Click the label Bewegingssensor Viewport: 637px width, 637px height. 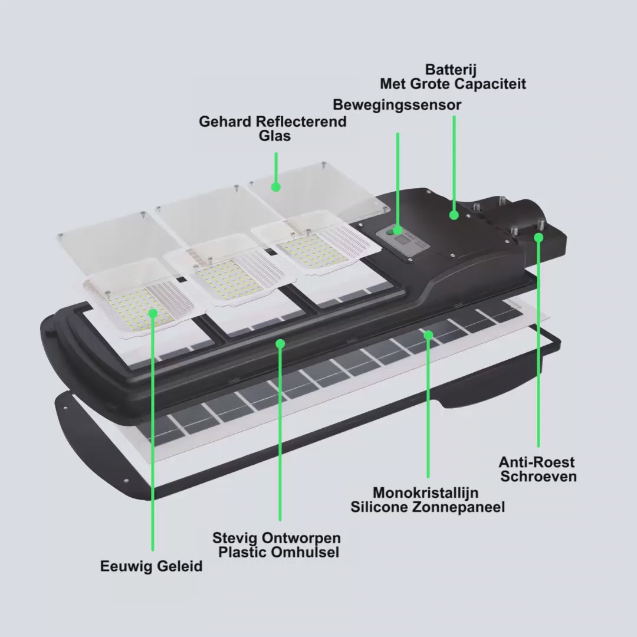tap(397, 105)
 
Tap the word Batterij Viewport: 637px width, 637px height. tap(451, 70)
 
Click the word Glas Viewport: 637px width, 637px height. tap(275, 136)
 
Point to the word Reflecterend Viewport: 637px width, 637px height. tap(301, 122)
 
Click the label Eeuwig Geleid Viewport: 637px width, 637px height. tap(151, 566)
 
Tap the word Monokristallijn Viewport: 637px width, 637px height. tap(425, 492)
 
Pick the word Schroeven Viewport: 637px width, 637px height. tap(539, 476)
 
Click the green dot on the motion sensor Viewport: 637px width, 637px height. tap(398, 231)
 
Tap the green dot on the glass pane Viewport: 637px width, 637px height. tap(276, 187)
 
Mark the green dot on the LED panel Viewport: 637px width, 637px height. tap(153, 313)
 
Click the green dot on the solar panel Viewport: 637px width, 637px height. tap(428, 335)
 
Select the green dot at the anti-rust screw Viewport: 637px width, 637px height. tap(539, 238)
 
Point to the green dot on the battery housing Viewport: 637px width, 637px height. tap(454, 215)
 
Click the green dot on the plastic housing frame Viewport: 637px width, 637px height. tap(280, 344)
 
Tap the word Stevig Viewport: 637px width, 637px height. tap(235, 538)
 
